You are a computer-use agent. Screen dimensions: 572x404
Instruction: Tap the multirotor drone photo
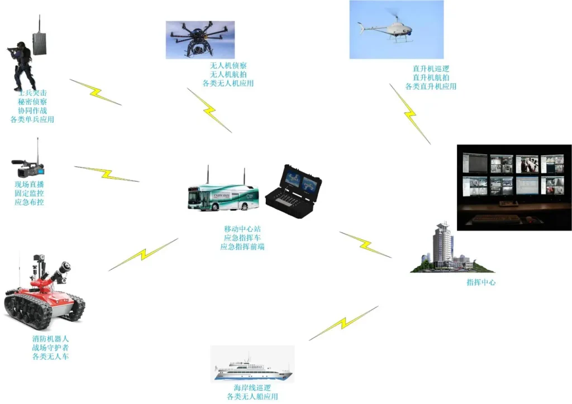coord(200,40)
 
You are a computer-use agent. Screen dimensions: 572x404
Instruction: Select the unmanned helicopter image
coord(396,30)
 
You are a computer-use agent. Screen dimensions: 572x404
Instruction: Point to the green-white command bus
coord(223,197)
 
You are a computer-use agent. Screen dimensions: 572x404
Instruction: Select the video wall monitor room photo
coord(514,187)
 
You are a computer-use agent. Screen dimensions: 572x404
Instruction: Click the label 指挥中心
coord(480,283)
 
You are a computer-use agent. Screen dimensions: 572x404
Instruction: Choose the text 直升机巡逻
coord(431,69)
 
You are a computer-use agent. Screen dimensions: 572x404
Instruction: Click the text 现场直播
coord(29,184)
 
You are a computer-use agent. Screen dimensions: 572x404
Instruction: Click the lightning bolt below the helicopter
coord(410,114)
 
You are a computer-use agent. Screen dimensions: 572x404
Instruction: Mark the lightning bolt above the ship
coord(343,324)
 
